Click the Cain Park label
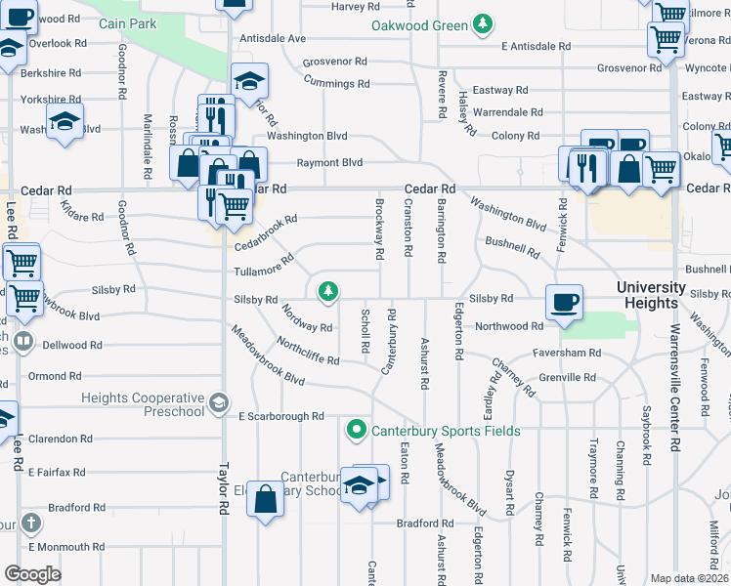tap(135, 22)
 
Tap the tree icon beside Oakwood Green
tap(481, 23)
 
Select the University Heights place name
tap(650, 295)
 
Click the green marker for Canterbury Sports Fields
tap(357, 430)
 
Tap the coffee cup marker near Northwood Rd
tap(563, 302)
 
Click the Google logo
tap(33, 573)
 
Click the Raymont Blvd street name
tap(330, 163)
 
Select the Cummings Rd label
tap(336, 84)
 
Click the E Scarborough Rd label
tap(280, 416)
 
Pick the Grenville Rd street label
tap(564, 377)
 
